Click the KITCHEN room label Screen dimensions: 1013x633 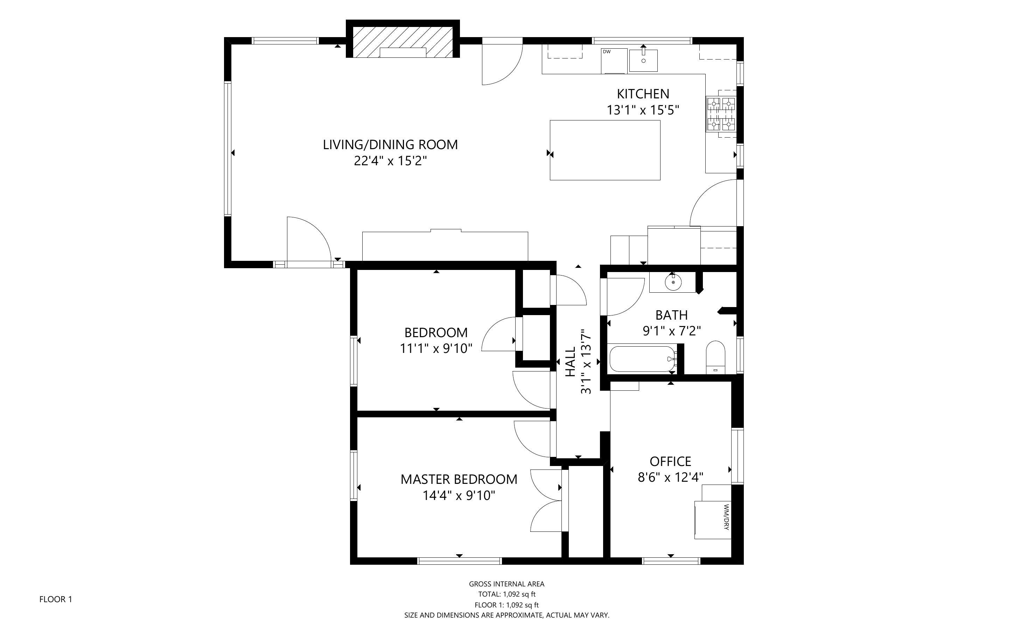643,94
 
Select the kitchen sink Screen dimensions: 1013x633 643,60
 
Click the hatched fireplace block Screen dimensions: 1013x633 403,42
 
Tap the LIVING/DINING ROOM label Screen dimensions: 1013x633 390,145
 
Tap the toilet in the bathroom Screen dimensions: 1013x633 715,357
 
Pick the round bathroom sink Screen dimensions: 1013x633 673,283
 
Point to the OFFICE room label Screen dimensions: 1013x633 670,461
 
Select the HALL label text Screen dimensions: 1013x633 571,362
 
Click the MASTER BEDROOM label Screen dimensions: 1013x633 459,479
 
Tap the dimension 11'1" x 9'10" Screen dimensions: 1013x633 436,348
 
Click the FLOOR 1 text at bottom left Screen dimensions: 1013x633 56,599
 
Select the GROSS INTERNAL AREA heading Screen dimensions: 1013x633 507,584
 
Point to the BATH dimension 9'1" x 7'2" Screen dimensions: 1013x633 672,331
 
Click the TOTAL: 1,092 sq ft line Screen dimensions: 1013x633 507,594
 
